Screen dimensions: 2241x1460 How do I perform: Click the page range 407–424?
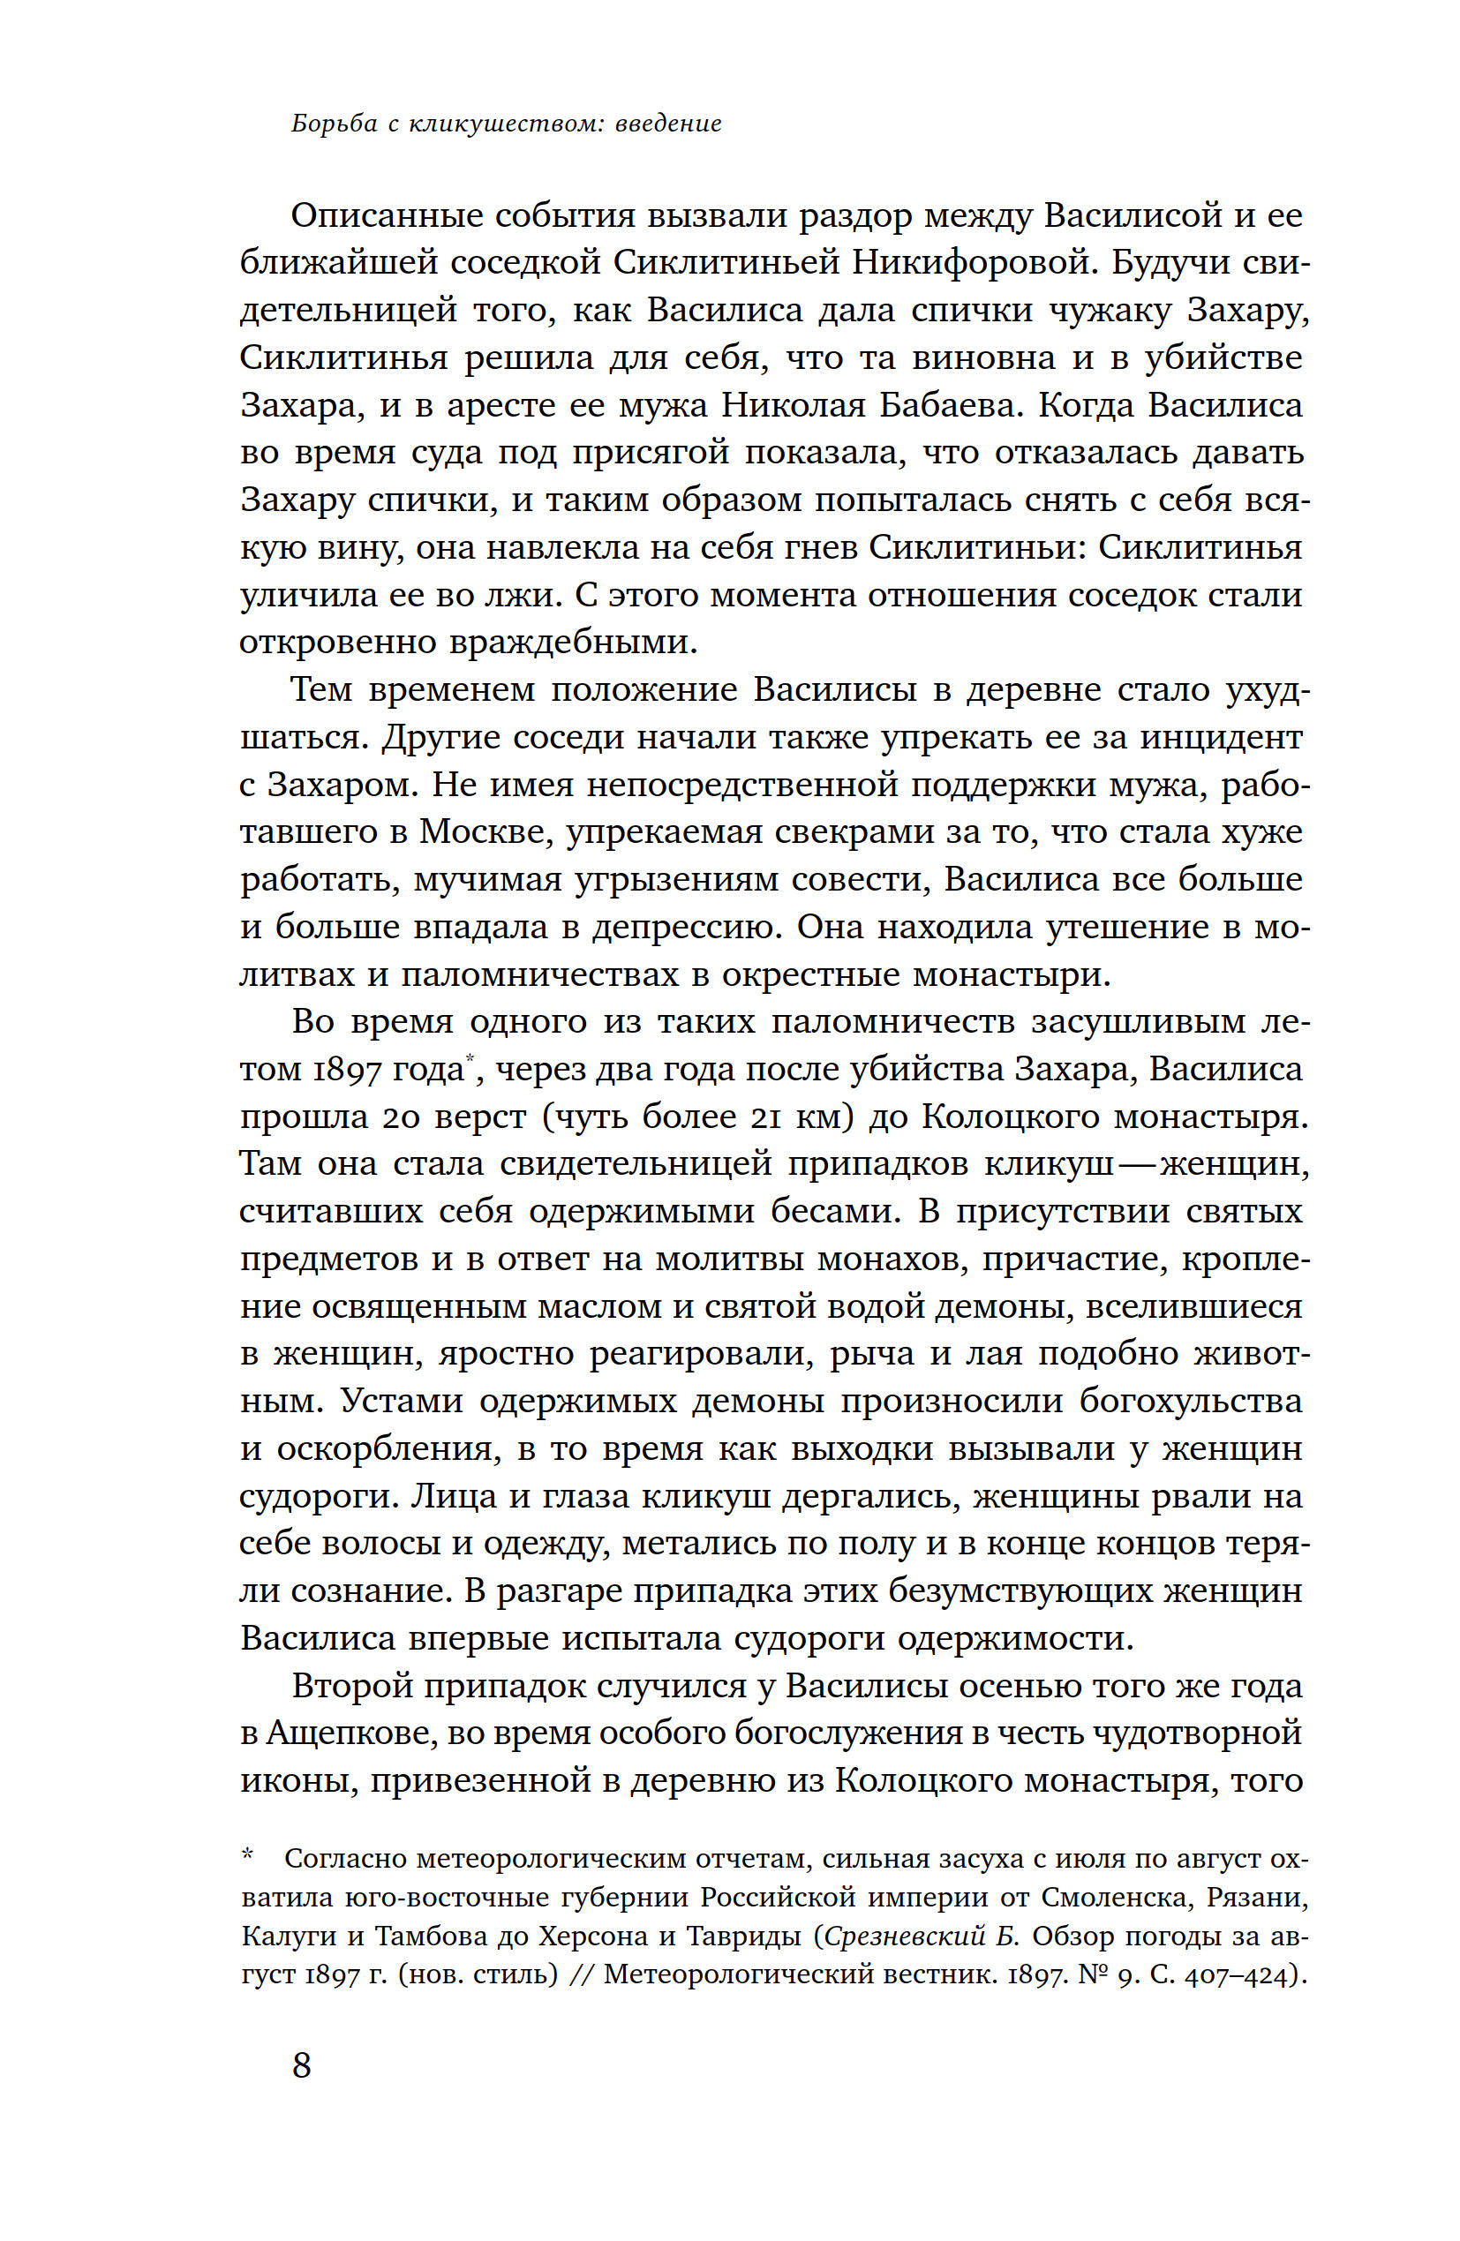click(1235, 1974)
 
